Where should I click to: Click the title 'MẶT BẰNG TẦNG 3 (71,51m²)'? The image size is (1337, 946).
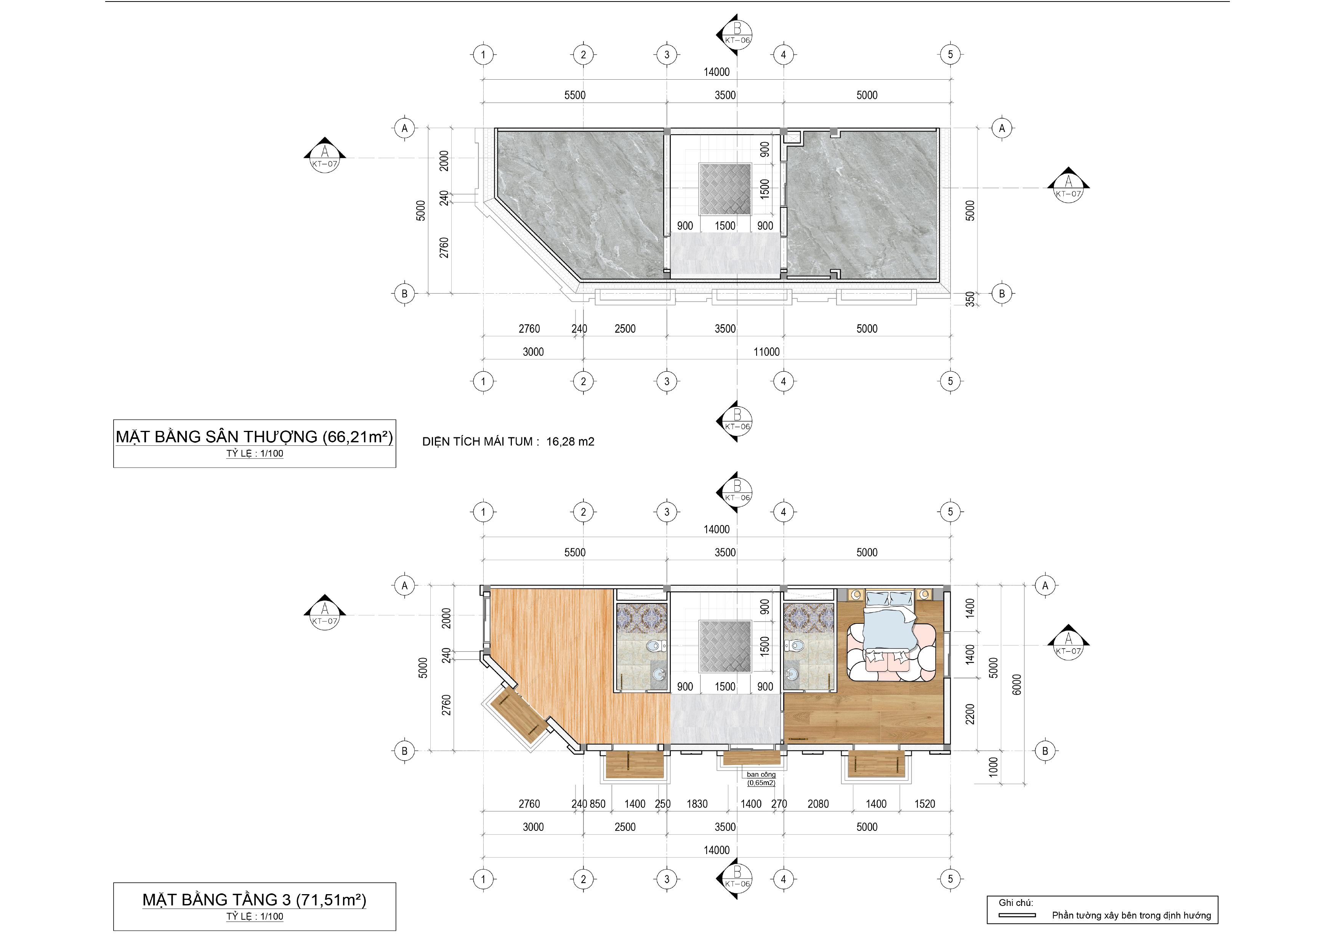pos(255,899)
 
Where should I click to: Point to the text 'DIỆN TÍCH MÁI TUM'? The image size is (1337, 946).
pos(478,442)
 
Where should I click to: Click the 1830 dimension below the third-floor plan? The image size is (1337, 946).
pos(697,804)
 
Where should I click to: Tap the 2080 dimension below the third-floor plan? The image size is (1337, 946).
pos(818,804)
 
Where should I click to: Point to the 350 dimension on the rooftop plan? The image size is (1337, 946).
pos(970,299)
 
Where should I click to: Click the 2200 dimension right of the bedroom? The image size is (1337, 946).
pos(970,714)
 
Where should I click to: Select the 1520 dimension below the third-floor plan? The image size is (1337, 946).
pos(925,804)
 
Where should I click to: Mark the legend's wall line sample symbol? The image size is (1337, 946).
pos(1017,915)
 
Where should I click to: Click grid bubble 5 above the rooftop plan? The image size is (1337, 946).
pos(950,55)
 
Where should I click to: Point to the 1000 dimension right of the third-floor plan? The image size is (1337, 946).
pos(994,766)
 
